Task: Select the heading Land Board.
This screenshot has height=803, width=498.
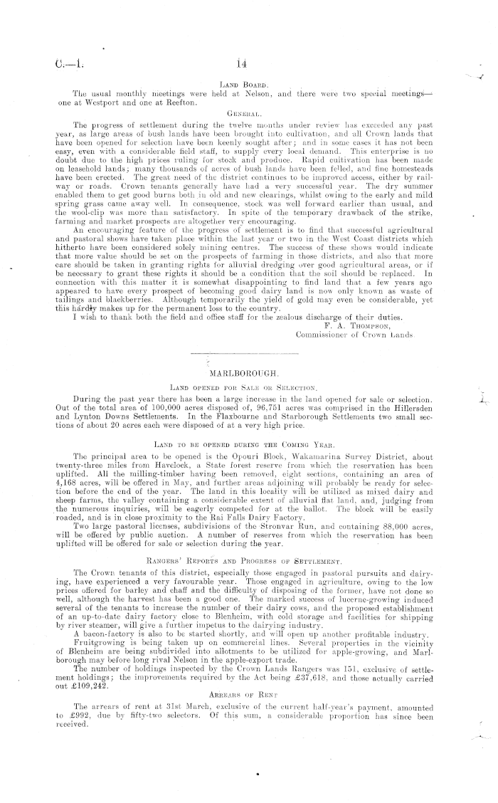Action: point(244,85)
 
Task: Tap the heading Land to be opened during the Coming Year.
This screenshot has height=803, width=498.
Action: point(244,443)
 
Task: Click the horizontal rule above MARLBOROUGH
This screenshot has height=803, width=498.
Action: point(243,354)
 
